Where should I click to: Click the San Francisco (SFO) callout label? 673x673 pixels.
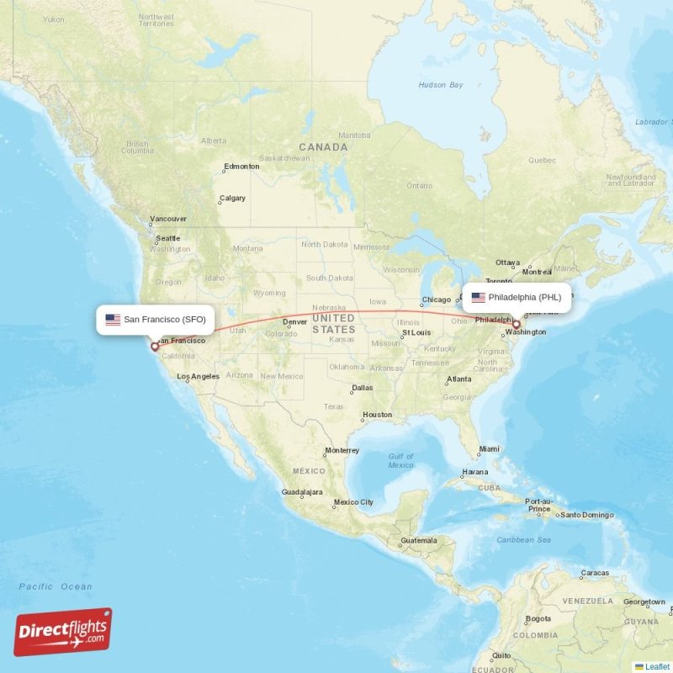coord(156,319)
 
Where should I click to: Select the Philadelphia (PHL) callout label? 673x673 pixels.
coord(517,297)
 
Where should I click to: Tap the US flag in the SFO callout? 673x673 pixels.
coord(112,320)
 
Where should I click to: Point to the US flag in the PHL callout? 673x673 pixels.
coord(479,297)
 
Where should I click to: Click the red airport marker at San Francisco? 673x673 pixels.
coord(154,346)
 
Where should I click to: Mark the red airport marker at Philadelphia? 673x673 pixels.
coord(517,324)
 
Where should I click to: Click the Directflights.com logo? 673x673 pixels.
coord(63,632)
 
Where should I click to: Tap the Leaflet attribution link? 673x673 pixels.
coord(656,666)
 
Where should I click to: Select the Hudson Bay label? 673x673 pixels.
coord(441,85)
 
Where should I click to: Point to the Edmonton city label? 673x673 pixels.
coord(241,167)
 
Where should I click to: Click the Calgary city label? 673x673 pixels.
coord(232,199)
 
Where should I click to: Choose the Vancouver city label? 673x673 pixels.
coord(168,219)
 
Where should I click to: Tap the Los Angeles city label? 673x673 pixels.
coord(203,376)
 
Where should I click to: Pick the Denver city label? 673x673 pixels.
coord(295,321)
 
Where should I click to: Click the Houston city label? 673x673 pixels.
coord(377,414)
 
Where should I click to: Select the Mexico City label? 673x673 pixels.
coord(353,502)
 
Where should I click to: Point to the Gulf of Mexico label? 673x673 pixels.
coord(401,460)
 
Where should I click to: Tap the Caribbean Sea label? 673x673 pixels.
coord(522,539)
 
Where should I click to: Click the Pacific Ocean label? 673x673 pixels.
coord(56,586)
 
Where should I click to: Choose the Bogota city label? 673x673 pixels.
coord(538,618)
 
